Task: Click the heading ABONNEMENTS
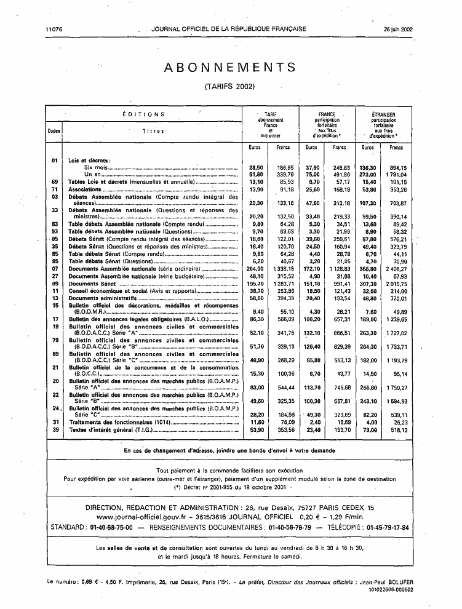tap(229, 68)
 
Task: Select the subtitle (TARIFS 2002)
tap(229, 87)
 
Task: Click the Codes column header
tap(54, 131)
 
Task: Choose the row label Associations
tap(84, 190)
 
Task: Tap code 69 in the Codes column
tap(54, 182)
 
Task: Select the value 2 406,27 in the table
tap(395, 269)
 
